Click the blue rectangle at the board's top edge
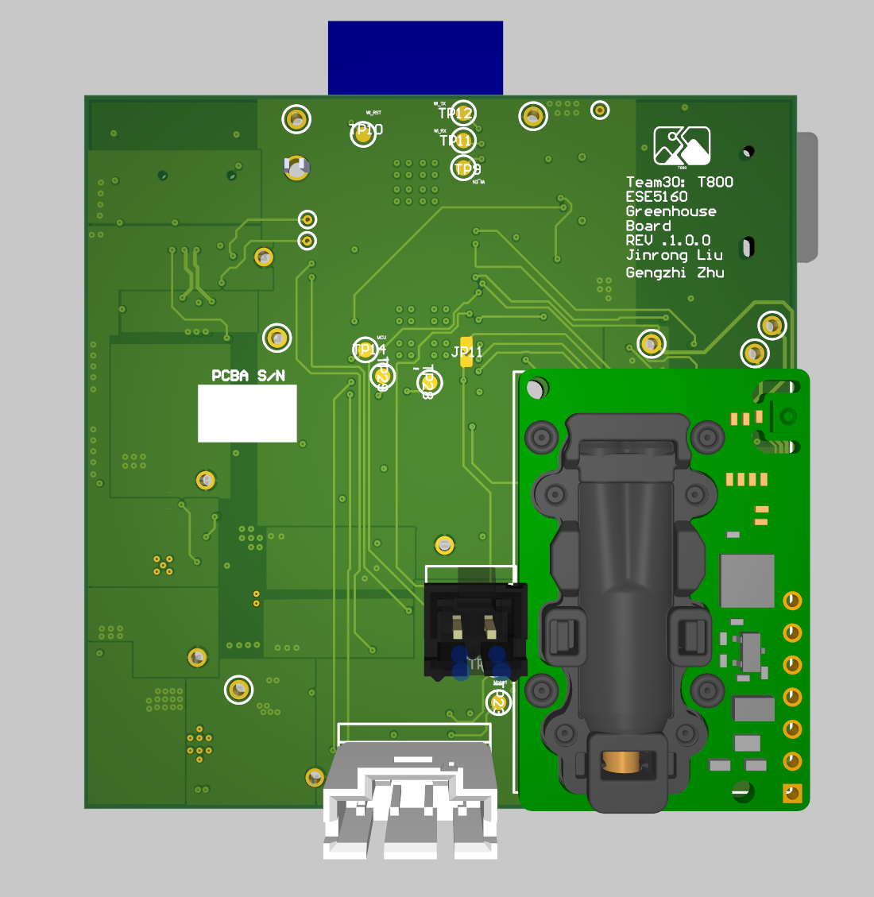click(416, 58)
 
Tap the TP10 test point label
click(365, 130)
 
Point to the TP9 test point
click(466, 168)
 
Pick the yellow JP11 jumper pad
click(466, 352)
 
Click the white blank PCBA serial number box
click(247, 413)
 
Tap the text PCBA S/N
click(248, 376)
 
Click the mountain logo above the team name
click(682, 145)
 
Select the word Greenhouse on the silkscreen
click(671, 211)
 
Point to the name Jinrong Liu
click(674, 255)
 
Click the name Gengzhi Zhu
click(674, 273)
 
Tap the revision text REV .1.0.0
click(667, 240)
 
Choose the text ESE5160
click(656, 196)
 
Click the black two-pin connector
click(475, 632)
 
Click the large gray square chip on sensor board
click(747, 581)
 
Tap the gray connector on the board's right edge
click(806, 197)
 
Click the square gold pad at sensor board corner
click(792, 793)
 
